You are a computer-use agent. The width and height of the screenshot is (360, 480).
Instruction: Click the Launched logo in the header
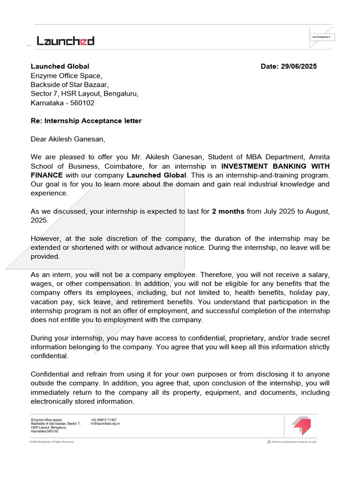[66, 41]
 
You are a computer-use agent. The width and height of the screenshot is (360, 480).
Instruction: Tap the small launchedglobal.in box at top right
[322, 37]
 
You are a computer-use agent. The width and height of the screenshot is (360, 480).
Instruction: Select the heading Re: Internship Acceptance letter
[86, 121]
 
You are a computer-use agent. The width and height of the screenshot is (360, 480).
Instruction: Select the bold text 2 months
[228, 211]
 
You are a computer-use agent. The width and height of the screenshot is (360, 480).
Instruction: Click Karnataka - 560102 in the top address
[62, 103]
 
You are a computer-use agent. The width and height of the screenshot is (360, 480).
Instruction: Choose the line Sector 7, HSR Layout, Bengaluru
[84, 94]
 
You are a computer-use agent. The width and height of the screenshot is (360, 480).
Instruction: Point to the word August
[317, 211]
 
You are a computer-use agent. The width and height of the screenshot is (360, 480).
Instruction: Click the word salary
[318, 275]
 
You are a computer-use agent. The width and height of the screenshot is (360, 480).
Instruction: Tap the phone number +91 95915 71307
[104, 420]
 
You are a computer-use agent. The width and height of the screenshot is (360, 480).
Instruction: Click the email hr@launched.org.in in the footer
[105, 424]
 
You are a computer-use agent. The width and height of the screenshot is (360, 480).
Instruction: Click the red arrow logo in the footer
[300, 425]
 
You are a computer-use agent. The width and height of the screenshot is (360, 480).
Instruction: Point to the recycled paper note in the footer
[292, 442]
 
